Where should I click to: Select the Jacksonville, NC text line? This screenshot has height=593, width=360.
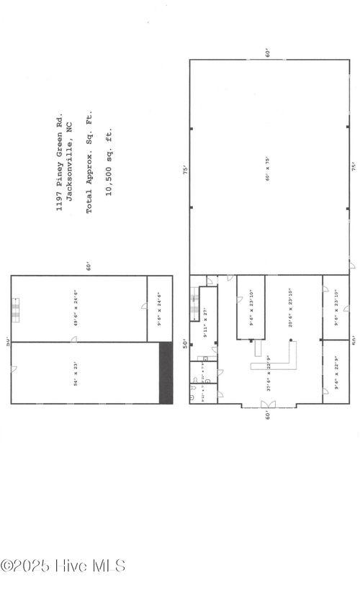tap(71, 159)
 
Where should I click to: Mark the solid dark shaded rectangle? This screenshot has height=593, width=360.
tap(166, 373)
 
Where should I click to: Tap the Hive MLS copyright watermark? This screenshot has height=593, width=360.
tap(63, 566)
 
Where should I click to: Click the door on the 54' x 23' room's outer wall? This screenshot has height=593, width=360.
tap(14, 369)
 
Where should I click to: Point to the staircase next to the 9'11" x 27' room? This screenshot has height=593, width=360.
tap(195, 304)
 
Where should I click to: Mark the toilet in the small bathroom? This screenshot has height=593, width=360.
tap(194, 395)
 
